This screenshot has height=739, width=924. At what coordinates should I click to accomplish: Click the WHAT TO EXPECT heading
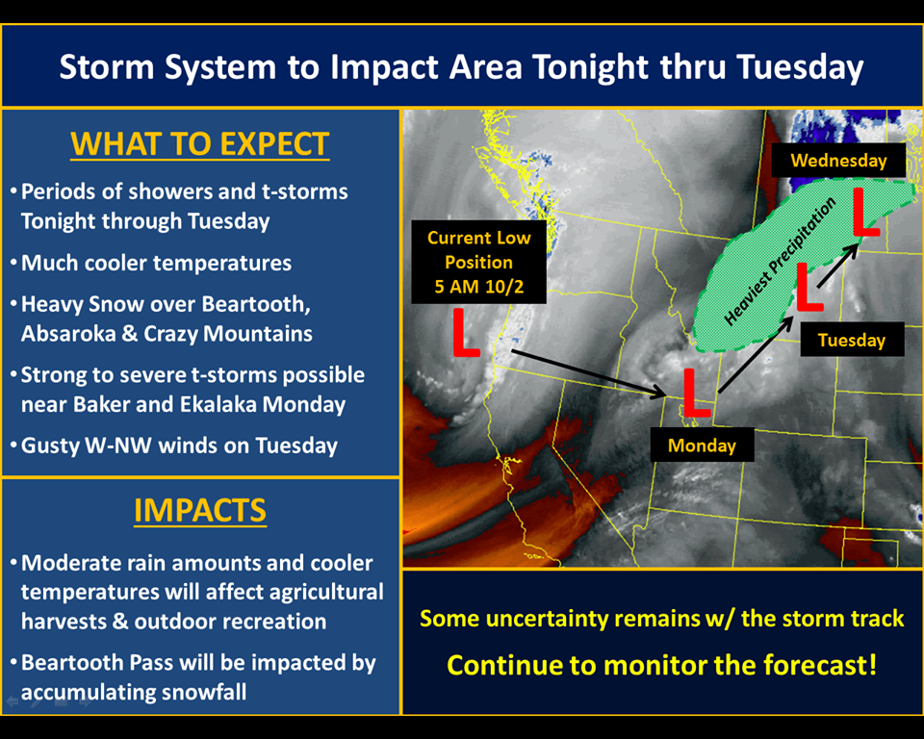[x=200, y=143]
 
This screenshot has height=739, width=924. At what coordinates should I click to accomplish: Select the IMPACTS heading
[x=200, y=510]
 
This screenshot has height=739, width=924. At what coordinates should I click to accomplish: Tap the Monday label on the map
[x=702, y=445]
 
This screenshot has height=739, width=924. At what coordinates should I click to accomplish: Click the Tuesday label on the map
[x=852, y=340]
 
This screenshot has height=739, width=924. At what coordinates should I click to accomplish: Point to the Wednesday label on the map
[x=838, y=161]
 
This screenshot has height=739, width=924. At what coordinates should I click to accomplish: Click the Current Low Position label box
[x=478, y=263]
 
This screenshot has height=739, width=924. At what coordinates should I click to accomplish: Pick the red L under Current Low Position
[x=465, y=333]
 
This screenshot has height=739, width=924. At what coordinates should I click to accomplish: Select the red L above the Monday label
[x=696, y=393]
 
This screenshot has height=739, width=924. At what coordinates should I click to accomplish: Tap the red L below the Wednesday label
[x=865, y=213]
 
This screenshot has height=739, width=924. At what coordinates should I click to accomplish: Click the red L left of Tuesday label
[x=808, y=288]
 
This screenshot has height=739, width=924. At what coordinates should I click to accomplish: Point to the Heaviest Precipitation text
[x=780, y=262]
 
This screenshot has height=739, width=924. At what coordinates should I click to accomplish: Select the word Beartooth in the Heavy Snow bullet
[x=256, y=304]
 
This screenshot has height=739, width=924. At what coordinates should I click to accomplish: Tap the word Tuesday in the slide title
[x=800, y=66]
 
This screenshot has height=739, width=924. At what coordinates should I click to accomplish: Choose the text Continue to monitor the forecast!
[x=662, y=665]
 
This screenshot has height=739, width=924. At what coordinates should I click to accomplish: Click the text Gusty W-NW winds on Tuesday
[x=179, y=446]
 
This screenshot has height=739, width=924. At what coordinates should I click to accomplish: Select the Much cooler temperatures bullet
[x=156, y=263]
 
